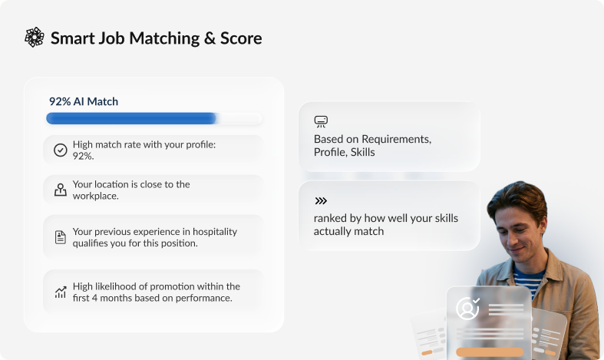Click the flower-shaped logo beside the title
(35, 38)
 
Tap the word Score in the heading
(241, 38)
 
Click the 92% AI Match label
(84, 101)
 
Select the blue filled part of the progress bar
(131, 118)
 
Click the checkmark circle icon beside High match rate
(61, 150)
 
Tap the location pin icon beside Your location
(61, 190)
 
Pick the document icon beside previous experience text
(61, 237)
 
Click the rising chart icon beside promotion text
(61, 292)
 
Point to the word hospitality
(215, 232)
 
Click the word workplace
(95, 196)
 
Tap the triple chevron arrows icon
(321, 201)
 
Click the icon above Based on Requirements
(321, 121)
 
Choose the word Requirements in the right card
(396, 139)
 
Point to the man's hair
(518, 197)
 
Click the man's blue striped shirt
(530, 281)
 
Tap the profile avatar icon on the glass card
(467, 309)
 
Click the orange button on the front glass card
(490, 352)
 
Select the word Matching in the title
(164, 39)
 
